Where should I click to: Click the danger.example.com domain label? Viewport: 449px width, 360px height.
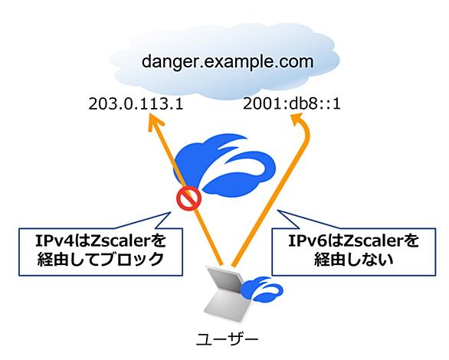click(x=228, y=62)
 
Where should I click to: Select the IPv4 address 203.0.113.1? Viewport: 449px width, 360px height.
click(x=136, y=104)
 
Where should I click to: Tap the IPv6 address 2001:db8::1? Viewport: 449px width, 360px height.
click(x=292, y=104)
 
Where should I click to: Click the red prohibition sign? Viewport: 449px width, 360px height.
click(x=188, y=198)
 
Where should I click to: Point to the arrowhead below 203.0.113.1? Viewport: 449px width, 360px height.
click(x=155, y=122)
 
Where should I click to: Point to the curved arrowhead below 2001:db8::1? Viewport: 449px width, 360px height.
click(x=300, y=120)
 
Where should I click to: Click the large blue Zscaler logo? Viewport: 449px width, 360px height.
click(x=224, y=165)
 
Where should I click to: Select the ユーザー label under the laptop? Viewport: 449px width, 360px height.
click(x=228, y=339)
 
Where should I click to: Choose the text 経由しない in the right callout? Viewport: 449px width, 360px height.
click(x=354, y=260)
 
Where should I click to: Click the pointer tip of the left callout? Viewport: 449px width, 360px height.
click(x=171, y=212)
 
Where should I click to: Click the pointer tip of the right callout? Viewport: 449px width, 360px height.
click(x=277, y=211)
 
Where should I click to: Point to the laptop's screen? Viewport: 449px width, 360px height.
click(x=225, y=280)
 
